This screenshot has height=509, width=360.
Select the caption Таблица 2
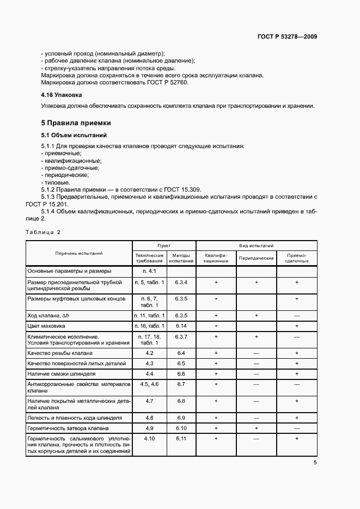(x=43, y=232)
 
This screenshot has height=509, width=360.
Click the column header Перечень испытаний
(x=78, y=253)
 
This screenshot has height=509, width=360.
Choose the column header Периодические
(x=256, y=257)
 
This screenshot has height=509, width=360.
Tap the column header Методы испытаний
(x=181, y=258)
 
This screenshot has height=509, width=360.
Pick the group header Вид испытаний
(x=257, y=246)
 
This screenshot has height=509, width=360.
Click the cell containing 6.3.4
(x=181, y=283)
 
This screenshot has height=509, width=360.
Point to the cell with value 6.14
(x=181, y=326)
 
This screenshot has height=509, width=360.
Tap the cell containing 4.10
(x=149, y=438)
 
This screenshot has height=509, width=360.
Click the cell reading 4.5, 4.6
(x=149, y=384)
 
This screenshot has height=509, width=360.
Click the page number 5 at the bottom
(x=315, y=463)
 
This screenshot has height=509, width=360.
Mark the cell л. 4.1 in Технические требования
(x=149, y=271)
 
